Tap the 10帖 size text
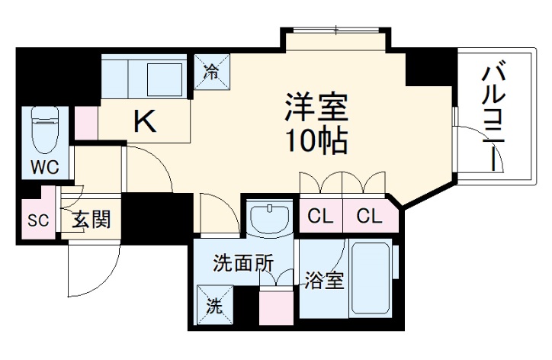tap(317, 140)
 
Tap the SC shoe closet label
tap(37, 221)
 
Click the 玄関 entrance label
tap(92, 221)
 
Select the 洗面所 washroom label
tap(242, 264)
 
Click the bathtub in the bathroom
tap(371, 279)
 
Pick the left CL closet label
tap(321, 217)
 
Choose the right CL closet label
tap(368, 217)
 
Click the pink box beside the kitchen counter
tap(86, 123)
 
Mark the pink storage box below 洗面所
tap(276, 307)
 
